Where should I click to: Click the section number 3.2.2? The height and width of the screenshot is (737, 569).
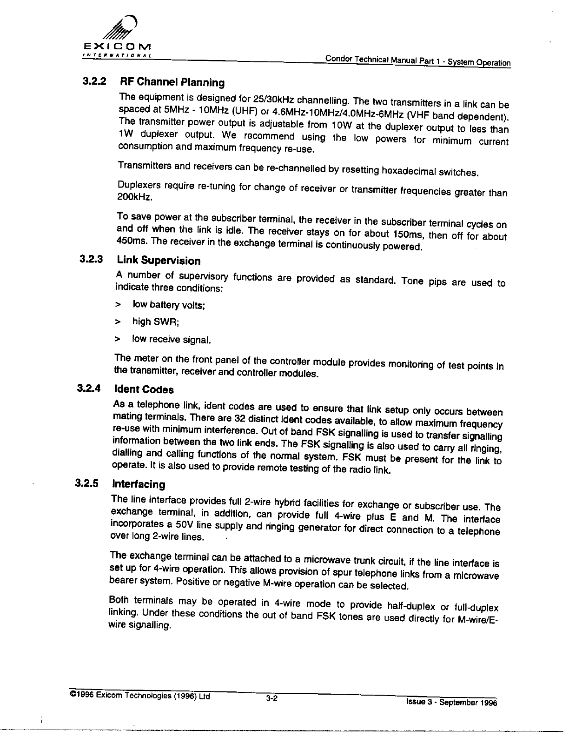click(x=94, y=81)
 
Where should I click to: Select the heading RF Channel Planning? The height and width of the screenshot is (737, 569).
click(x=172, y=82)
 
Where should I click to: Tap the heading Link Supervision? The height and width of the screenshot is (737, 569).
click(x=159, y=260)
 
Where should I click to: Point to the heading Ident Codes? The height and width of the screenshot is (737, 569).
click(x=144, y=389)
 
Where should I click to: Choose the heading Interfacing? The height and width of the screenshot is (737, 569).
click(x=139, y=484)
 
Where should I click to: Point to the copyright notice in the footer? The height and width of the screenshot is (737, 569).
click(x=139, y=696)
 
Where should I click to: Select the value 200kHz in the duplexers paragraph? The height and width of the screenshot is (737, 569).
click(x=132, y=198)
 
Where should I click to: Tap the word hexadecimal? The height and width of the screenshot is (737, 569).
click(x=408, y=171)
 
